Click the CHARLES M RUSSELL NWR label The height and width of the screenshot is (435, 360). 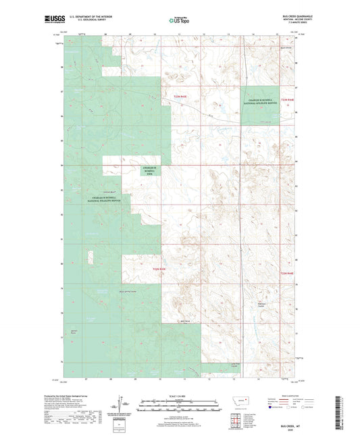coord(151,171)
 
